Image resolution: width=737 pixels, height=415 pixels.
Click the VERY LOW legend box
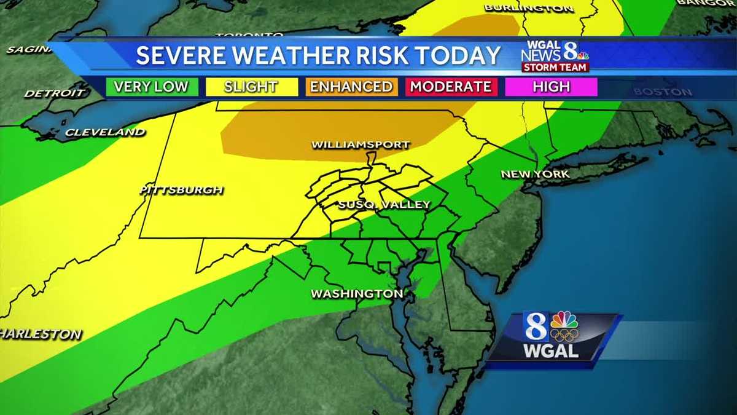click(151, 87)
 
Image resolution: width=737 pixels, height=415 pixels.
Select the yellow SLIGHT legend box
click(251, 87)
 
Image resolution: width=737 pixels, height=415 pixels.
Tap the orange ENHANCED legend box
click(351, 87)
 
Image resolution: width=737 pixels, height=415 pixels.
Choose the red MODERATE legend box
click(451, 87)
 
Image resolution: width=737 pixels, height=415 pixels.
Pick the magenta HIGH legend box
click(551, 87)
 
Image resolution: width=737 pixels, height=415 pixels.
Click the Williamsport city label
click(361, 145)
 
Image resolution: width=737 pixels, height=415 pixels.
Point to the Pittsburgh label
click(181, 189)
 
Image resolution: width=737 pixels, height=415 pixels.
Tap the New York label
click(535, 174)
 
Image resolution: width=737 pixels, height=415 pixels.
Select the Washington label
click(357, 294)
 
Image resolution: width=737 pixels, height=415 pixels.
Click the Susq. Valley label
click(384, 205)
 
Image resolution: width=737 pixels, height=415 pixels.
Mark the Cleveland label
click(105, 132)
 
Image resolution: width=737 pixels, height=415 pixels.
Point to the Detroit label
click(55, 93)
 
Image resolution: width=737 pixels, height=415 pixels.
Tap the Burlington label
click(529, 8)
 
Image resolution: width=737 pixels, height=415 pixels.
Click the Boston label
click(663, 92)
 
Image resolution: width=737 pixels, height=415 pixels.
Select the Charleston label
click(40, 334)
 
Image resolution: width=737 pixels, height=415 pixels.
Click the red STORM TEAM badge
click(555, 67)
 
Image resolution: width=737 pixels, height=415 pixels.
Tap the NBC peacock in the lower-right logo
click(564, 320)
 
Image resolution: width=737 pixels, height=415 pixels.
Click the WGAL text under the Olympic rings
click(550, 352)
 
